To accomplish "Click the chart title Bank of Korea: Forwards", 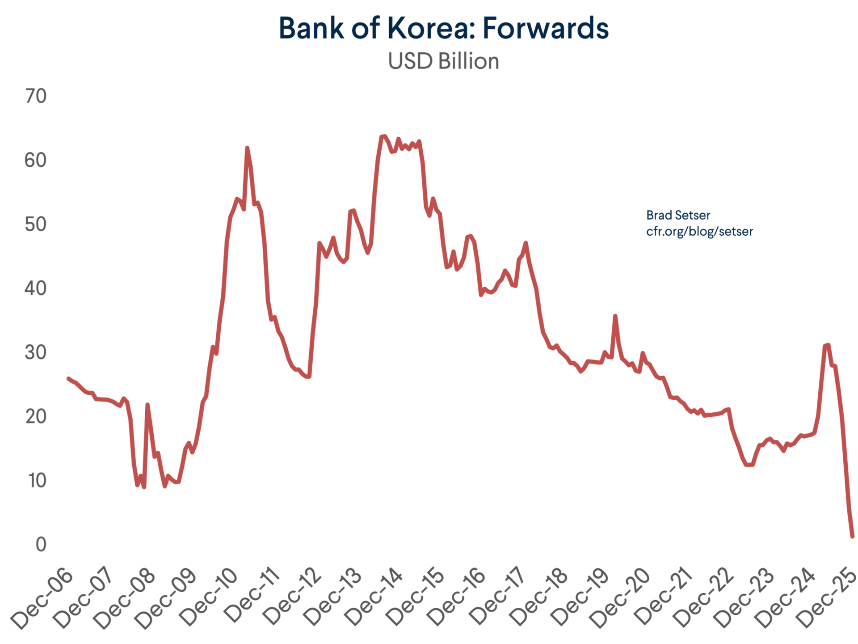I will [x=443, y=28].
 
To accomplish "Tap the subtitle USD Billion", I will [x=443, y=61].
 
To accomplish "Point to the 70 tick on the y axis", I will [x=36, y=96].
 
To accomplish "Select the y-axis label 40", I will [x=36, y=288].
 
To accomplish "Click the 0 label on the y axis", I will [x=41, y=545].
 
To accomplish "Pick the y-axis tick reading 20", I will [x=36, y=417].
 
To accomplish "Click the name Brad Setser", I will [x=678, y=216].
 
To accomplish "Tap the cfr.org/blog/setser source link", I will [x=699, y=232].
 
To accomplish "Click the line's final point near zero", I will [x=852, y=536].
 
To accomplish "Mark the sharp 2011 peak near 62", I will [x=247, y=148].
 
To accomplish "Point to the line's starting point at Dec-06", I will [x=68, y=378].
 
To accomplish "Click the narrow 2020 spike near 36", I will [x=615, y=316].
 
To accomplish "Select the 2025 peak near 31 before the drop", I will [x=828, y=345].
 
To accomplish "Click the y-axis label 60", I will [x=36, y=161].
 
